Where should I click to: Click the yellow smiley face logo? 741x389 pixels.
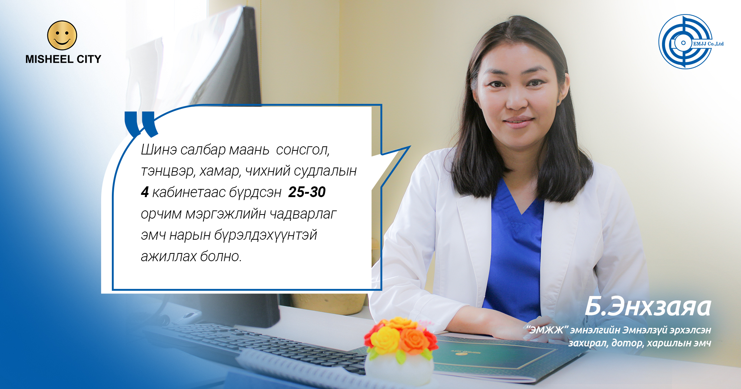62,35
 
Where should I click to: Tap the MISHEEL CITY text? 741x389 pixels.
63,59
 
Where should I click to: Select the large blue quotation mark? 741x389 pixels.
141,124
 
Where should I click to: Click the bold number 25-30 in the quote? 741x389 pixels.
307,192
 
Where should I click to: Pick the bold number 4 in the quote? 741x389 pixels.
144,192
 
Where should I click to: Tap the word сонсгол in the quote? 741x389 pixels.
303,150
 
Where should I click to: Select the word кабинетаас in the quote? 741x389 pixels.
189,192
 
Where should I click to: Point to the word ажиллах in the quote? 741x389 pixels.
169,256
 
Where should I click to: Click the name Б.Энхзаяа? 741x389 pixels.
648,307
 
